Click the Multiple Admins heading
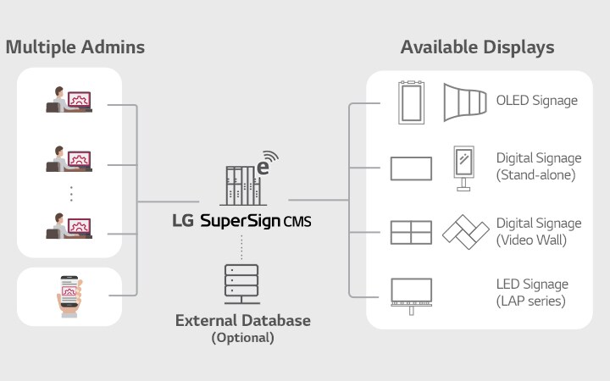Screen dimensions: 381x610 pos(75,47)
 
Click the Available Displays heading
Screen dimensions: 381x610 pos(477,47)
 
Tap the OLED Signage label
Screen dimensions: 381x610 pos(536,101)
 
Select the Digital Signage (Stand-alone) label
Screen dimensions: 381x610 pos(538,167)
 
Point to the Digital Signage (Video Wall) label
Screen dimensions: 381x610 pos(538,231)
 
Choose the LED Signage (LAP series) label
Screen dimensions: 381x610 pos(532,292)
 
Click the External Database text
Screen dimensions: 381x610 pos(243,321)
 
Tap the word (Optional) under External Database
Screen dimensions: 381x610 pos(243,337)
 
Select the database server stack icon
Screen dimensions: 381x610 pos(241,279)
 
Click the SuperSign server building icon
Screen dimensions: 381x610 pos(246,179)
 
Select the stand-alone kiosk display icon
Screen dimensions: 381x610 pos(465,168)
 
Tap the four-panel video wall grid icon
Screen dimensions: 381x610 pos(411,233)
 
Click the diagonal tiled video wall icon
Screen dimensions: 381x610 pos(466,231)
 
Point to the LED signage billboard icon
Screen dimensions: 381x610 pos(411,293)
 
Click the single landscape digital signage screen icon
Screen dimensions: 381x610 pos(411,168)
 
